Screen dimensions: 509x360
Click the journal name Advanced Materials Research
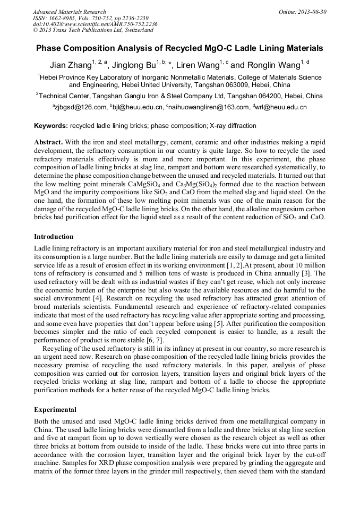(x=69, y=12)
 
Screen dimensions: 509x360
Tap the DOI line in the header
(x=95, y=24)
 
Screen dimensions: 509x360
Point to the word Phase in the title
(x=49, y=48)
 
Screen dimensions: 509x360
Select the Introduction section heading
(x=54, y=236)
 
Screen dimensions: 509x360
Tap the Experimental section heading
(x=55, y=410)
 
